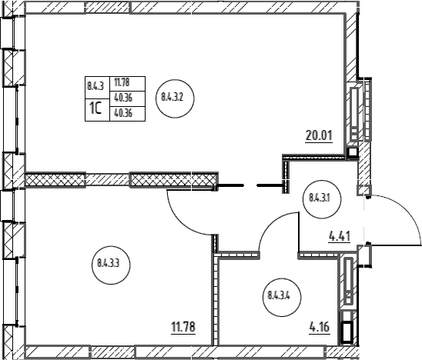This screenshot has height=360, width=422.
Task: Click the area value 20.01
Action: [319, 135]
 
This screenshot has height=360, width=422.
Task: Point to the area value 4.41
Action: [340, 237]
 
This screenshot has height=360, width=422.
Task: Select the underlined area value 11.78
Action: [183, 327]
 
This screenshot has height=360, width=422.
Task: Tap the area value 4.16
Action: [320, 327]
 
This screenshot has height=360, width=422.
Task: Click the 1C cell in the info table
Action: [98, 110]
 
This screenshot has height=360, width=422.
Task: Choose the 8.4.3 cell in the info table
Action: [98, 88]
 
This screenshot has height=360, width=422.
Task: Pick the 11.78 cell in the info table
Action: [128, 84]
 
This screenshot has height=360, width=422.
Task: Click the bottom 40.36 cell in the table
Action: [128, 113]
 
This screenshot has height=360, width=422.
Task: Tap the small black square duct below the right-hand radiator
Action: [352, 153]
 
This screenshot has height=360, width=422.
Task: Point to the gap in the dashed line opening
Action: [250, 185]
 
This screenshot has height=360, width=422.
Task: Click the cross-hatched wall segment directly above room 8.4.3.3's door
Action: [174, 179]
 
